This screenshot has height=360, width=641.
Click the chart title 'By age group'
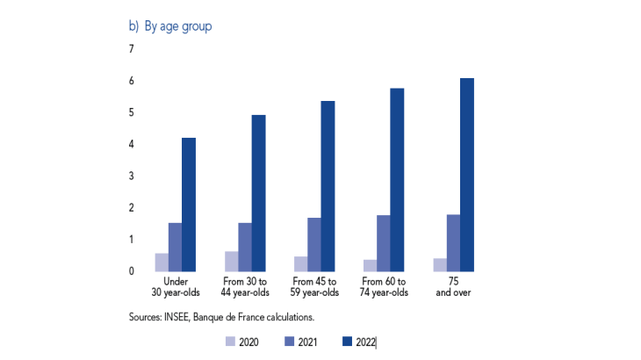[178, 26]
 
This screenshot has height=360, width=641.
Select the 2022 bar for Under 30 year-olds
[189, 205]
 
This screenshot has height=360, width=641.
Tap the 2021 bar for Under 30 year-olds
[175, 247]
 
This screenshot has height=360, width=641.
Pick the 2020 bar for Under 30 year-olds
[162, 262]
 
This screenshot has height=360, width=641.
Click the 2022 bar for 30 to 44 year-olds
[258, 193]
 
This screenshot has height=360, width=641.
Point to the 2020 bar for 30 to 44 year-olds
[231, 261]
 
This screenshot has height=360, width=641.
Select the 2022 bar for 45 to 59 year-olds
[328, 186]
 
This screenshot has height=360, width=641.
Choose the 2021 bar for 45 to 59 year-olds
[313, 244]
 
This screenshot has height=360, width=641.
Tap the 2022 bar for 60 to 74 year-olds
[397, 180]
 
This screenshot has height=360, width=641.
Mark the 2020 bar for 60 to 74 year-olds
[370, 265]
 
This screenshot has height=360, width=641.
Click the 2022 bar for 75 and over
[466, 175]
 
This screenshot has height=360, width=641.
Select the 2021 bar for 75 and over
[452, 242]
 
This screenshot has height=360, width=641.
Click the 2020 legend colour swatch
[231, 342]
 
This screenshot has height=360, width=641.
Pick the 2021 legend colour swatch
[291, 342]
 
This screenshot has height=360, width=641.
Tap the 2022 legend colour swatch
[349, 342]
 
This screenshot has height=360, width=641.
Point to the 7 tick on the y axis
[132, 49]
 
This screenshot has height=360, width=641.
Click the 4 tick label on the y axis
[132, 144]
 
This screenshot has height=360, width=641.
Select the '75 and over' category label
[453, 286]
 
